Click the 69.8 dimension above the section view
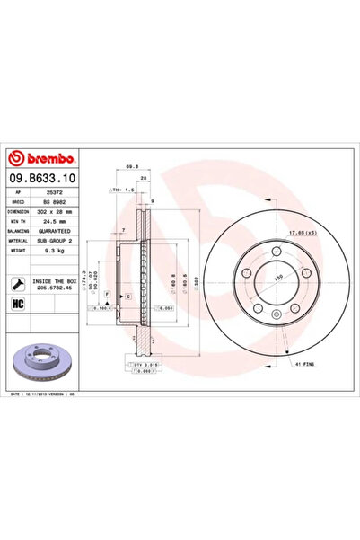point(132,166)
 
